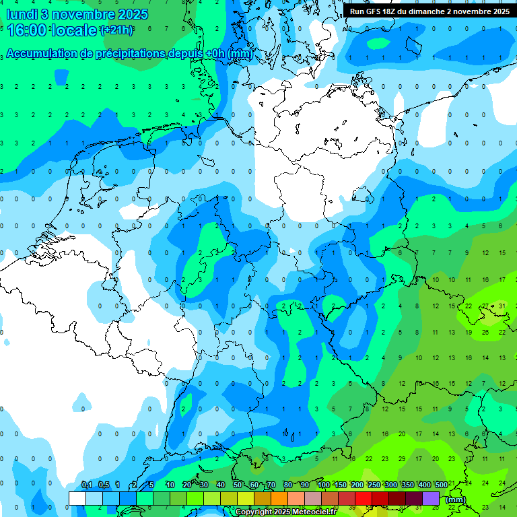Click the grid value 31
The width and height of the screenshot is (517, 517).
coord(502,306)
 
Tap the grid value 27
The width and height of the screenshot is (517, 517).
coord(485,306)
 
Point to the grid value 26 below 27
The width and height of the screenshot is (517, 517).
coord(485,333)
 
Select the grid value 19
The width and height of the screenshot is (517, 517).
coord(469,333)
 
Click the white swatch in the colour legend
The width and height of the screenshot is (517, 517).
coord(77,498)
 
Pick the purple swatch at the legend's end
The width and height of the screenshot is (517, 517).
coord(431,498)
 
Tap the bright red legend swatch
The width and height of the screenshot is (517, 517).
coord(364,498)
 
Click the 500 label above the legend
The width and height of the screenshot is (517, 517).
coord(441,485)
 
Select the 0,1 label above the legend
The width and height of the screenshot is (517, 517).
coord(87,485)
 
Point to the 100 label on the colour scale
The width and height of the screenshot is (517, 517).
coord(324,485)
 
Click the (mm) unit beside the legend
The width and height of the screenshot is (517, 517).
coord(456,499)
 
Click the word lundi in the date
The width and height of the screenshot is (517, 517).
coord(22,14)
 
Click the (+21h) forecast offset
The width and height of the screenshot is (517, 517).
coord(116,30)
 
